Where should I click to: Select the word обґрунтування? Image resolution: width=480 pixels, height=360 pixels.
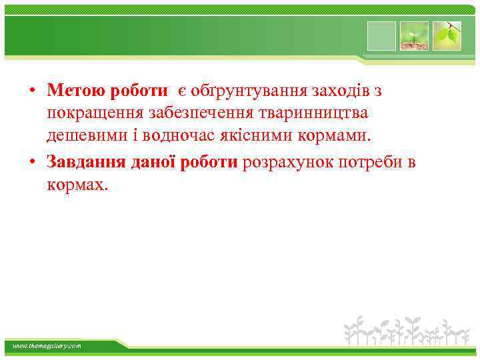coord(241,90)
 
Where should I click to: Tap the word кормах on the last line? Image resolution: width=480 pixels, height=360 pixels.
coord(76,185)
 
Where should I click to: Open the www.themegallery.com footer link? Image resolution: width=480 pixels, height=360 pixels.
coord(47,346)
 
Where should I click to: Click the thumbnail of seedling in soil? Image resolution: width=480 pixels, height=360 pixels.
coord(413,35)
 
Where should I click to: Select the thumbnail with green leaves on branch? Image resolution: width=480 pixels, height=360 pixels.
coord(446,35)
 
